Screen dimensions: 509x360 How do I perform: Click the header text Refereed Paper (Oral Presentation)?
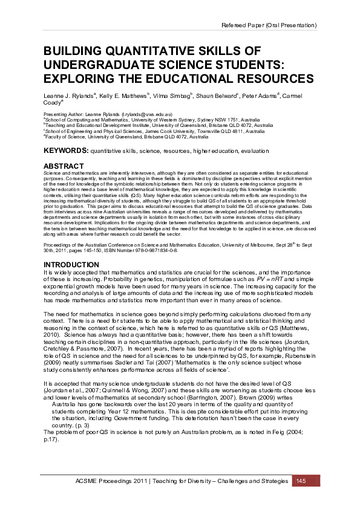(x=269, y=25)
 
